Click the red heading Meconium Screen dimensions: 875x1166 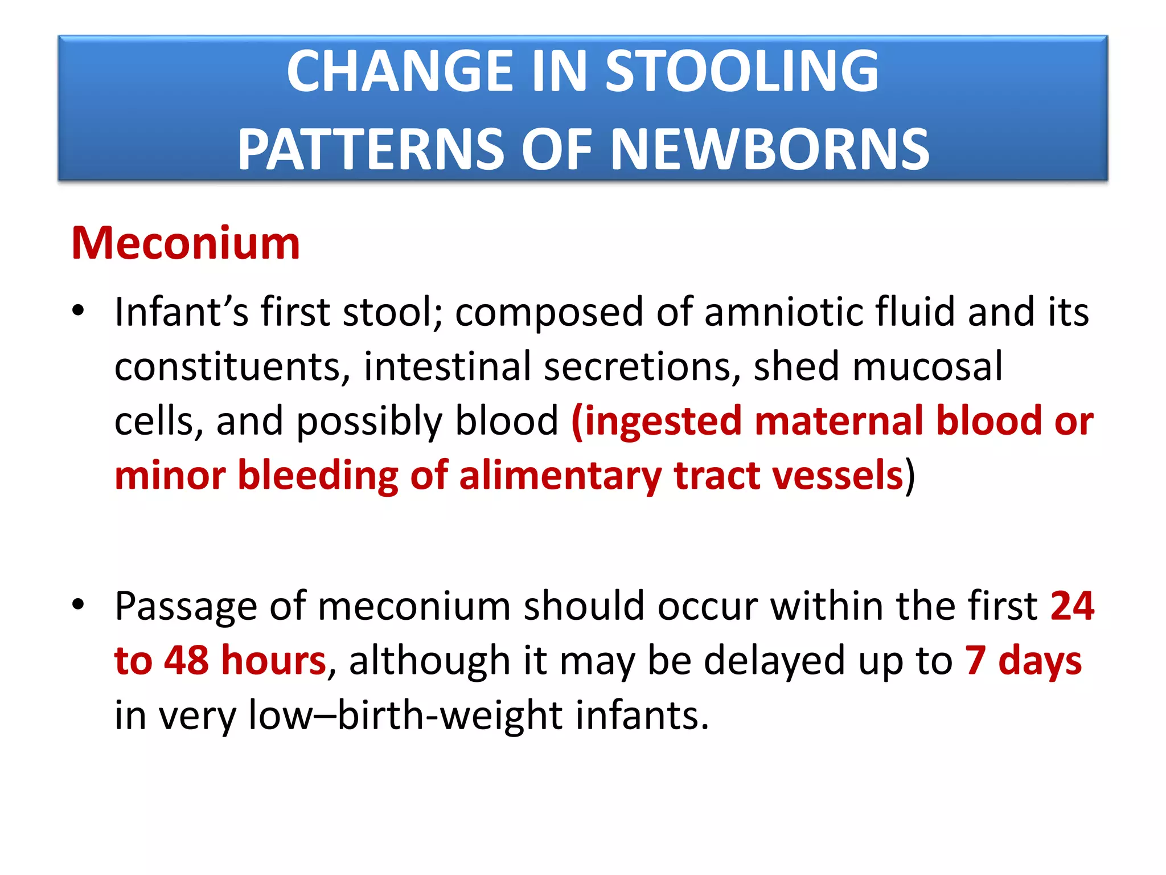click(186, 244)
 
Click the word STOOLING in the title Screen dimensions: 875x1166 click(741, 71)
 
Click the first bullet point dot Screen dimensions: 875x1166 click(79, 311)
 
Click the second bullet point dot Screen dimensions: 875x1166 click(79, 604)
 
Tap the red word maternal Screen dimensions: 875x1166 click(839, 421)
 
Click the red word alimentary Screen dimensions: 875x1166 click(560, 476)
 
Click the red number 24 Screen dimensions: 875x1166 click(1072, 606)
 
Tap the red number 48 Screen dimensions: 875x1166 click(186, 660)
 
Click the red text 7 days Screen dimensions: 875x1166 click(1023, 660)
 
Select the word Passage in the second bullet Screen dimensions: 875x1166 click(186, 607)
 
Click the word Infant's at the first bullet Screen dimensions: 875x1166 click(182, 312)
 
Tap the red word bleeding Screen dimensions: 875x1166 click(318, 476)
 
